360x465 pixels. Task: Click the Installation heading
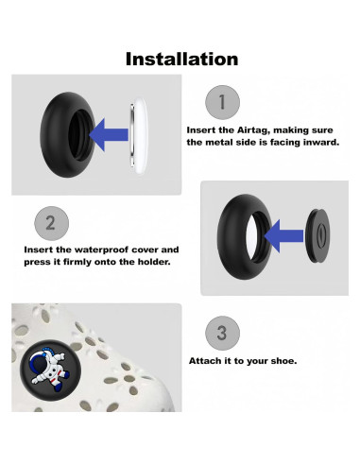click(x=181, y=60)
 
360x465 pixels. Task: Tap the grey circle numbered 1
click(x=222, y=102)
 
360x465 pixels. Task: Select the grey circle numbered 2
click(x=51, y=223)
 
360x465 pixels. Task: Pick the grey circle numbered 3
click(x=222, y=333)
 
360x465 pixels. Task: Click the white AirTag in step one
click(x=139, y=136)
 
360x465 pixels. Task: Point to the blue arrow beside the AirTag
click(x=109, y=135)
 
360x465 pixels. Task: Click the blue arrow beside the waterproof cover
click(x=283, y=236)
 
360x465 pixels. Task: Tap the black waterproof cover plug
click(x=318, y=235)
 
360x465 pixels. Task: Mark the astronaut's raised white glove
click(x=60, y=357)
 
